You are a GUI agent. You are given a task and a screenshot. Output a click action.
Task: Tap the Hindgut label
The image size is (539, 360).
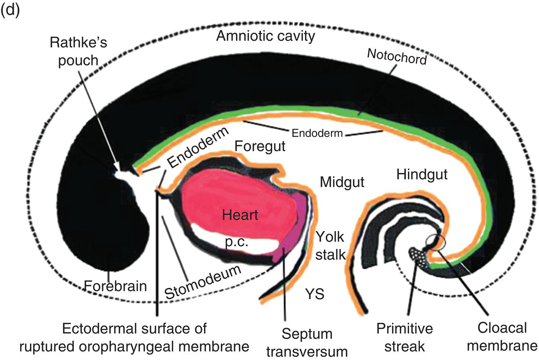coord(422,175)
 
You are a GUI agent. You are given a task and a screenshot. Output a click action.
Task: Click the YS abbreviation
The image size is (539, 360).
coord(315,294)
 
